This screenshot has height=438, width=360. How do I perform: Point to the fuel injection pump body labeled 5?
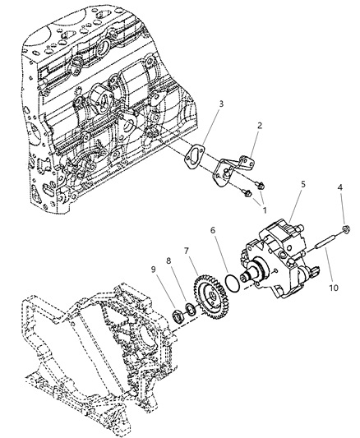tap(279, 251)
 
